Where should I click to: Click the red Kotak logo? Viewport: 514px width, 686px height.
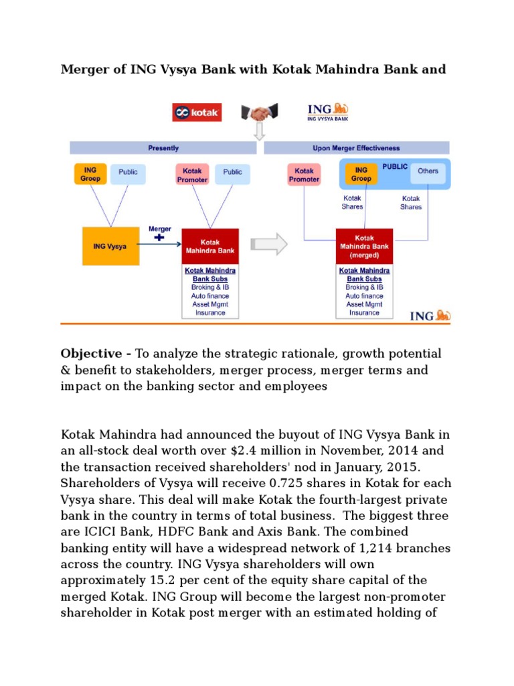tap(197, 113)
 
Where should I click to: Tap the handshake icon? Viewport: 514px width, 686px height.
tap(259, 113)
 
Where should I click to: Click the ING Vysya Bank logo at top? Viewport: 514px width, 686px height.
tap(327, 112)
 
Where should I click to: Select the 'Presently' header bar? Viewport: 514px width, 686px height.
tap(163, 148)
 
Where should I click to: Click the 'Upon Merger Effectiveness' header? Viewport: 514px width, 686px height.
tap(357, 148)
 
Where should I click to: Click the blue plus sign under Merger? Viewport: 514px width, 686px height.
tap(159, 238)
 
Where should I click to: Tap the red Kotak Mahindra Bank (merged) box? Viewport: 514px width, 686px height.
tap(363, 246)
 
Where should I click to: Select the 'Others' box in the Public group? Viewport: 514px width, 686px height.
tap(428, 171)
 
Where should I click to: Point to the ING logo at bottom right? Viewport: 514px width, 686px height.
tap(430, 315)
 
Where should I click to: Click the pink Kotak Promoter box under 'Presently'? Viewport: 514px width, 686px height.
tap(192, 175)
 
